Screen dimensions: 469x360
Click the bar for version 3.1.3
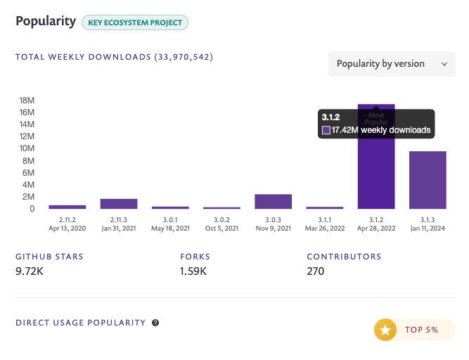click(428, 180)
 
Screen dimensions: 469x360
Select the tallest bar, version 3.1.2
click(376, 174)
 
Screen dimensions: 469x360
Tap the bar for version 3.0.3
click(273, 202)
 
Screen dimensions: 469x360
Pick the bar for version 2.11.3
click(119, 204)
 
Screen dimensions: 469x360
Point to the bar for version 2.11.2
click(68, 207)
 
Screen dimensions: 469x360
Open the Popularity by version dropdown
click(392, 64)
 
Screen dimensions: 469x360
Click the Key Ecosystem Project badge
click(135, 22)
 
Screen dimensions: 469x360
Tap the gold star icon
click(385, 330)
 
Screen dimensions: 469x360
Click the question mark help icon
click(155, 323)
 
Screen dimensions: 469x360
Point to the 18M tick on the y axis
click(27, 101)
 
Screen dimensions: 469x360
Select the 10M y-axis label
click(27, 148)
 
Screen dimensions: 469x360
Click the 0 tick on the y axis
click(32, 209)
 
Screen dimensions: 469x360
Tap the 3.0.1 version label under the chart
click(170, 220)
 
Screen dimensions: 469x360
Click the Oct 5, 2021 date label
click(221, 229)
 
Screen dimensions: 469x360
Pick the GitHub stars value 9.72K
click(30, 271)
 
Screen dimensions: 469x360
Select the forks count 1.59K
click(193, 271)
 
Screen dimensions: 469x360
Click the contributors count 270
click(316, 271)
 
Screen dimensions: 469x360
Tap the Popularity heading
click(46, 22)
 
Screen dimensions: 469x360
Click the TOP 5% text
click(421, 330)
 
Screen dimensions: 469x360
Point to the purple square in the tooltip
click(326, 130)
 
